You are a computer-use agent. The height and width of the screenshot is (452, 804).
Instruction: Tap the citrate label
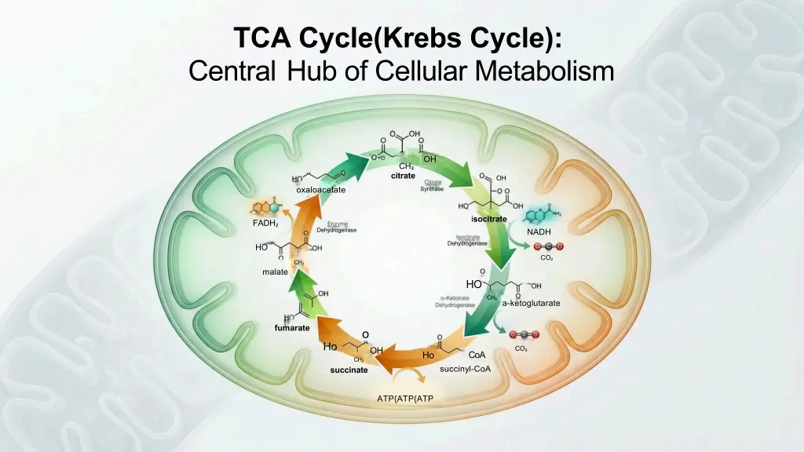click(x=403, y=176)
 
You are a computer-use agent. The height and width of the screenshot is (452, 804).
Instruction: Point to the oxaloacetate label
click(x=320, y=191)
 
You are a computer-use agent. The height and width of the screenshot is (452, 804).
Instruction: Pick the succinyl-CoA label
click(x=466, y=369)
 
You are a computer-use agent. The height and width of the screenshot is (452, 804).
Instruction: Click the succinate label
click(x=349, y=370)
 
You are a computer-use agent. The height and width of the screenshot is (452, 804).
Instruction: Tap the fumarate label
click(x=291, y=327)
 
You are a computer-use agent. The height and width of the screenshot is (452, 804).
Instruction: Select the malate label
click(x=275, y=272)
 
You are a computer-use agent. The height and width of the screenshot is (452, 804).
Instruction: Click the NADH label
click(x=539, y=232)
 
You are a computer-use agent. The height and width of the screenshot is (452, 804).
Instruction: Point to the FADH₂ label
click(x=265, y=224)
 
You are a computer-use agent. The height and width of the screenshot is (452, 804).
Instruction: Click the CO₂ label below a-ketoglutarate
click(x=521, y=349)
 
